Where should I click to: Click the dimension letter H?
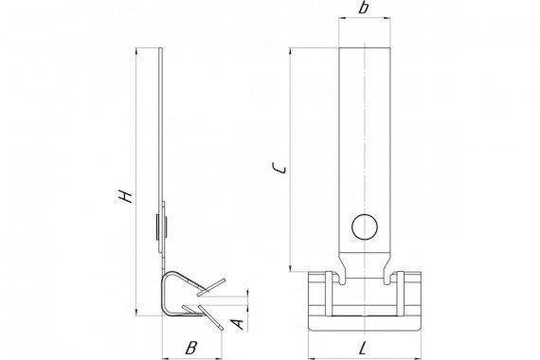(x=125, y=196)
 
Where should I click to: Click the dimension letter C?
(x=279, y=168)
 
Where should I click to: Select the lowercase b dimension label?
(x=364, y=7)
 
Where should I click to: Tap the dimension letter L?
(x=363, y=348)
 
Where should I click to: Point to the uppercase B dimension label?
(x=190, y=348)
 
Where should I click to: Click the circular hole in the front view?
(x=365, y=227)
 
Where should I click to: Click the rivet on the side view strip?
(x=161, y=226)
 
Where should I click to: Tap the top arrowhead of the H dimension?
(x=136, y=51)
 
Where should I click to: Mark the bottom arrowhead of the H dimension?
(x=136, y=312)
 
